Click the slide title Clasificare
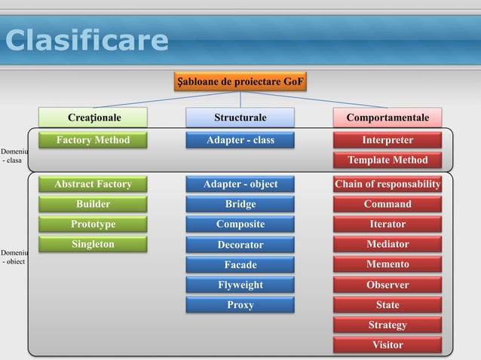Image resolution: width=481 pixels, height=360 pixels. pyautogui.click(x=87, y=41)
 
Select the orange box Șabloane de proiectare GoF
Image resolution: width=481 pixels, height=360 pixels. pyautogui.click(x=240, y=81)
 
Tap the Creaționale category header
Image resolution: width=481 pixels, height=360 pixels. pyautogui.click(x=94, y=117)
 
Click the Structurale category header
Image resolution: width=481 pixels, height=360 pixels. pyautogui.click(x=240, y=117)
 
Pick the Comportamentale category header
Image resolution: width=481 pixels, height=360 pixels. pyautogui.click(x=388, y=117)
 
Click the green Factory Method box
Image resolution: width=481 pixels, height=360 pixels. pyautogui.click(x=93, y=140)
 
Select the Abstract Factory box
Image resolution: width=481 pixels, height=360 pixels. pyautogui.click(x=93, y=185)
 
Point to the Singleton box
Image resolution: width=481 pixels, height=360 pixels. pyautogui.click(x=93, y=245)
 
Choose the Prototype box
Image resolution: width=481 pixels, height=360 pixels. pyautogui.click(x=93, y=224)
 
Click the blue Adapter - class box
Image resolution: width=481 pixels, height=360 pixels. pyautogui.click(x=240, y=140)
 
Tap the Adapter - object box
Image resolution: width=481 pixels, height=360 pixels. pyautogui.click(x=240, y=185)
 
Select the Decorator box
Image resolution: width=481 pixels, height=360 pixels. pyautogui.click(x=240, y=245)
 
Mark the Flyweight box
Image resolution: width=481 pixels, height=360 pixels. pyautogui.click(x=240, y=285)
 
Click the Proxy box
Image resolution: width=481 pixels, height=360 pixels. pyautogui.click(x=240, y=305)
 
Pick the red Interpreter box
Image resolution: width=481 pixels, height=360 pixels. pyautogui.click(x=388, y=140)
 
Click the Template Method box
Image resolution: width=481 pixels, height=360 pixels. pyautogui.click(x=388, y=160)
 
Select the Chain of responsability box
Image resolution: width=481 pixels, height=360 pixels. pyautogui.click(x=388, y=185)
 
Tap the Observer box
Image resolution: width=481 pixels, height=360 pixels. pyautogui.click(x=388, y=285)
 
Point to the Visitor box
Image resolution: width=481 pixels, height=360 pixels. pyautogui.click(x=388, y=345)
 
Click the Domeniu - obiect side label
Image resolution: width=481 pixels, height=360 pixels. pyautogui.click(x=14, y=257)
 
